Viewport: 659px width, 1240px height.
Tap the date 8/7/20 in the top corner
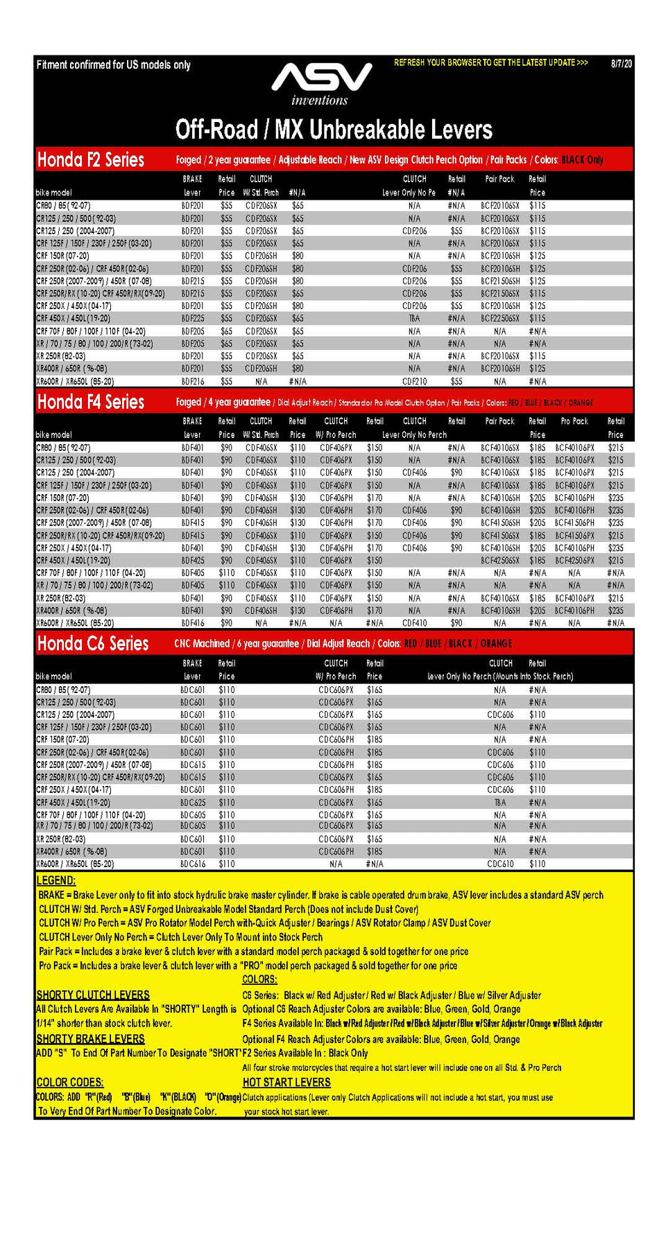pos(621,64)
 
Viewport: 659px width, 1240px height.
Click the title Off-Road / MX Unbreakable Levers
pos(334,130)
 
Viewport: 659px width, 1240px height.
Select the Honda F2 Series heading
pos(91,160)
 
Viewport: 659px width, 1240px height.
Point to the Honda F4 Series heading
pos(91,402)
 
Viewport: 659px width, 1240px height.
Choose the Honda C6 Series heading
pos(93,644)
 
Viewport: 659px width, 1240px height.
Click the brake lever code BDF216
pos(193,381)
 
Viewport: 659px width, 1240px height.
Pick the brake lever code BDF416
pos(193,623)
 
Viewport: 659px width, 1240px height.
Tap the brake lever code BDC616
pos(193,864)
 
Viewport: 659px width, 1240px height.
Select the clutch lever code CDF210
pos(414,381)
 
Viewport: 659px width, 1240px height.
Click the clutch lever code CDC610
pos(500,864)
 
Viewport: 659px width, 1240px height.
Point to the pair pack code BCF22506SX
pos(499,319)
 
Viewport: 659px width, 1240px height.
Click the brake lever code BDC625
pos(193,803)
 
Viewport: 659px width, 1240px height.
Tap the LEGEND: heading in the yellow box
pos(56,880)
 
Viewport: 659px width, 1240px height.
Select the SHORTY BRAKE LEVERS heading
pos(91,1038)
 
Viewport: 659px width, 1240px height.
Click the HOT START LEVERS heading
pos(286,1082)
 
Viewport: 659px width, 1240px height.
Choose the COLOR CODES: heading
pos(70,1082)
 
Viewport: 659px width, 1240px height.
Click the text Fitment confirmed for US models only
pos(114,65)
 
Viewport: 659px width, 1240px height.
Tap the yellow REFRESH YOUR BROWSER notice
pos(491,63)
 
